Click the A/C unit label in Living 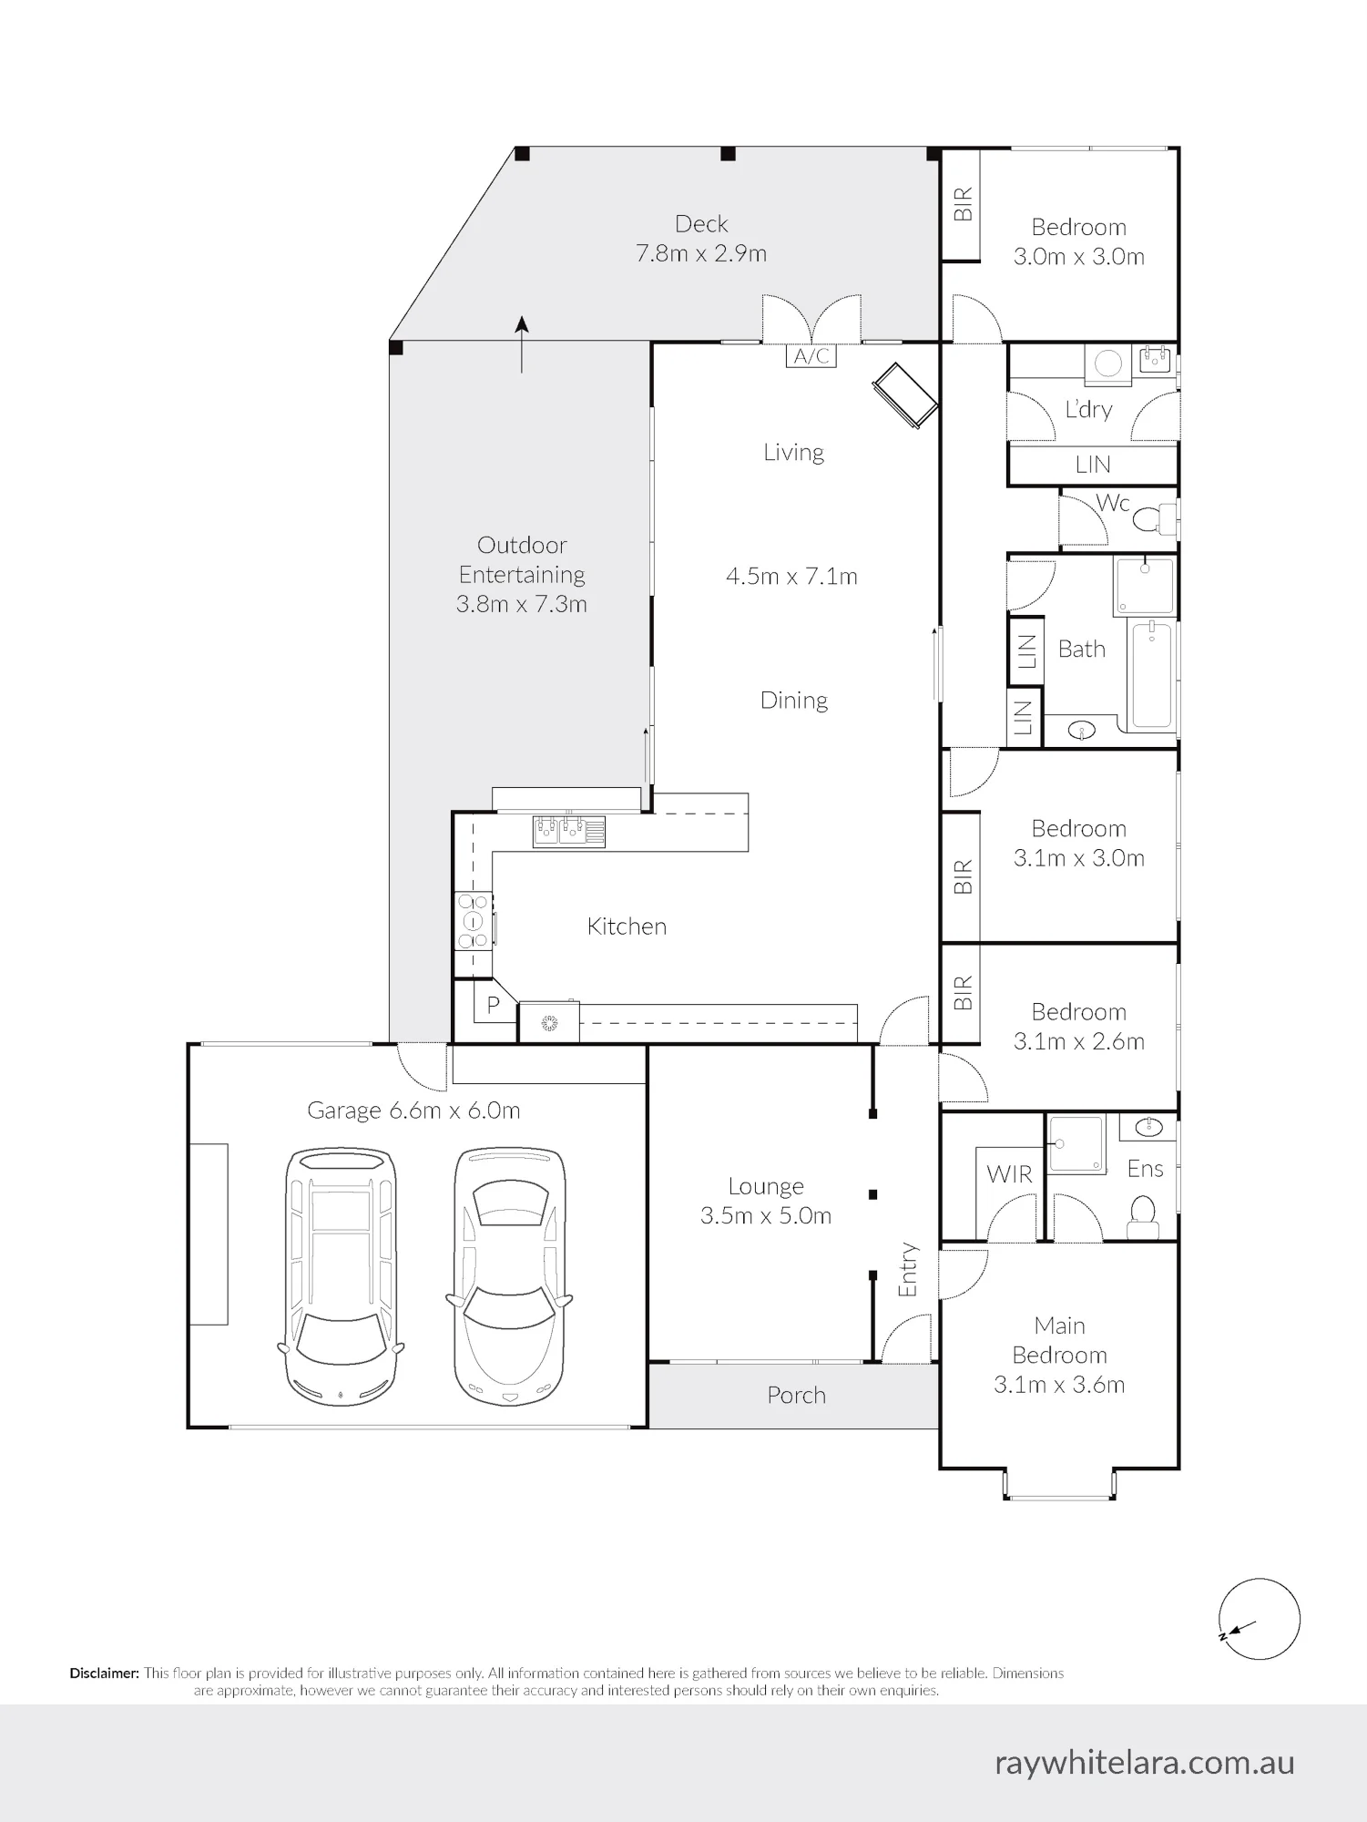pos(811,355)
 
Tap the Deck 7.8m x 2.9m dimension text pos(701,253)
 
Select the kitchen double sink pos(568,830)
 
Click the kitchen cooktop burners pos(473,921)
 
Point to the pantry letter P pos(494,1005)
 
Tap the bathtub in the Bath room pos(1152,674)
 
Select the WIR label pos(1009,1174)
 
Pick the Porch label pos(796,1396)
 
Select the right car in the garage pos(509,1275)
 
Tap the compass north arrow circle pos(1260,1620)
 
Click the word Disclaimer pos(105,1674)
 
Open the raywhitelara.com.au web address pos(1145,1762)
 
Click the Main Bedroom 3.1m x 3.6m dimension pos(1059,1385)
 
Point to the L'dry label pos(1089,409)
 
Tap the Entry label pos(908,1270)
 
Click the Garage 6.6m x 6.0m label pos(413,1111)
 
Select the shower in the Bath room pos(1145,585)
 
